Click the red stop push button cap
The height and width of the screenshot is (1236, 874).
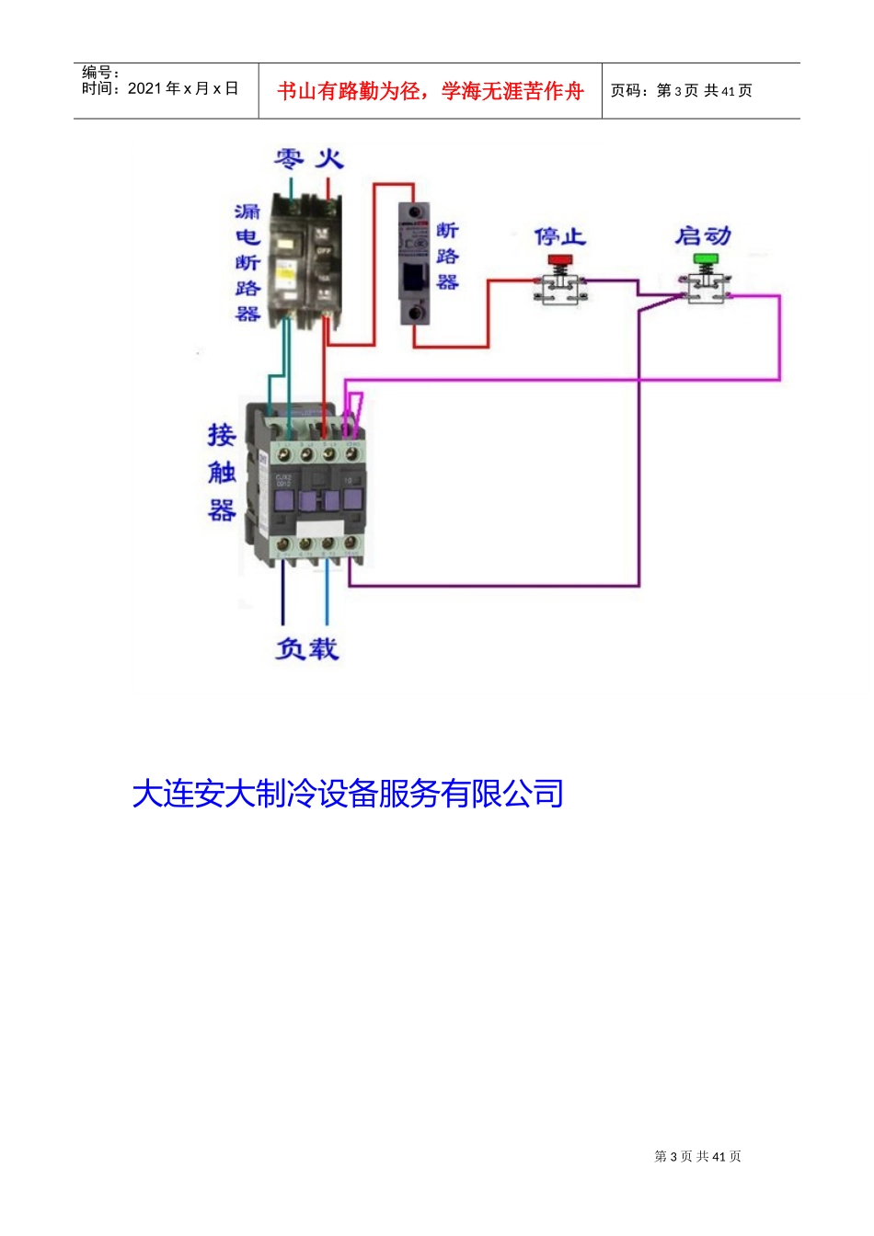[x=559, y=260]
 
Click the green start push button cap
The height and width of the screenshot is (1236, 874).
[x=706, y=260]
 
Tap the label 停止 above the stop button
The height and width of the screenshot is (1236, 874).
[x=559, y=236]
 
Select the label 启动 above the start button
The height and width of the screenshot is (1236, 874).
[x=703, y=236]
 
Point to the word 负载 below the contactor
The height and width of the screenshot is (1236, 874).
[x=307, y=649]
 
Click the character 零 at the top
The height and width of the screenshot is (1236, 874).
[x=289, y=159]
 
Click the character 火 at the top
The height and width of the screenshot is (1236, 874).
[x=329, y=159]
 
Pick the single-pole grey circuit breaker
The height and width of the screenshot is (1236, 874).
[x=414, y=264]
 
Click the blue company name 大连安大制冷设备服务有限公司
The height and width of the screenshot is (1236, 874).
[x=348, y=794]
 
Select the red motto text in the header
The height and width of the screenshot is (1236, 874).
[x=431, y=91]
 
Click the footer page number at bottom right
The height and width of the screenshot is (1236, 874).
[x=697, y=1156]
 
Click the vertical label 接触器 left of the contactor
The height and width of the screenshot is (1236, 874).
[x=222, y=473]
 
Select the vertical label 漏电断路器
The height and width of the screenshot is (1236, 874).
[x=247, y=263]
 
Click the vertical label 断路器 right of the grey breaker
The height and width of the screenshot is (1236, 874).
[x=447, y=257]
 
